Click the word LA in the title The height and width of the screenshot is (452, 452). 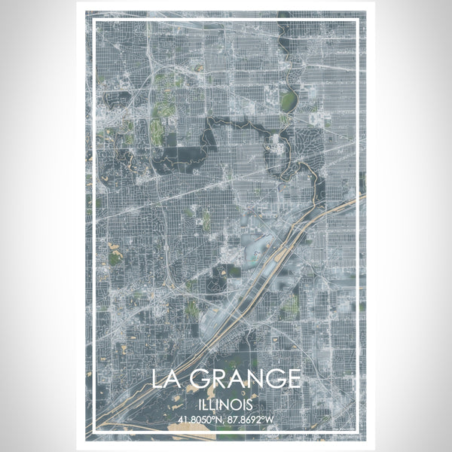coord(166,378)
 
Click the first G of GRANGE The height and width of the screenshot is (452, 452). coord(197,378)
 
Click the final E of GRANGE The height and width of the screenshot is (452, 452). coord(295,378)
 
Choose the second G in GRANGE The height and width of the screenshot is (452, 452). coord(275,378)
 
